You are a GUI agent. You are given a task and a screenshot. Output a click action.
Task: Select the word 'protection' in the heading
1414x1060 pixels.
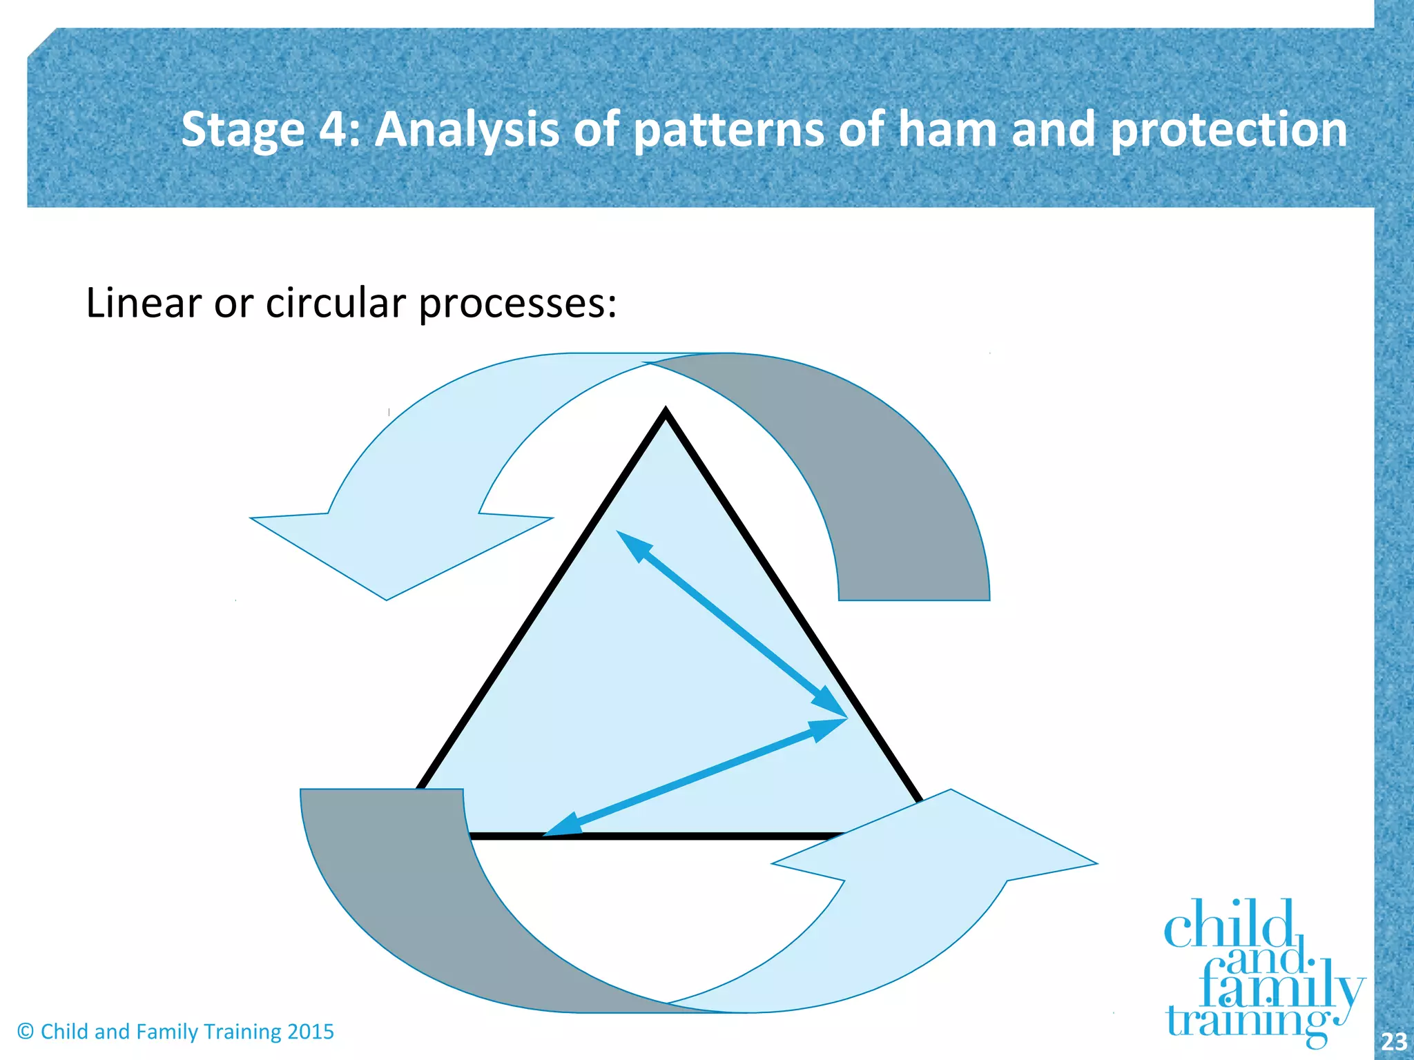(1228, 131)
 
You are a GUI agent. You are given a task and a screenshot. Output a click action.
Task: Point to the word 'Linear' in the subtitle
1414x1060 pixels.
(144, 303)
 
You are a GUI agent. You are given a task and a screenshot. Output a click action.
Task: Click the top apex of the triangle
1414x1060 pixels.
(666, 413)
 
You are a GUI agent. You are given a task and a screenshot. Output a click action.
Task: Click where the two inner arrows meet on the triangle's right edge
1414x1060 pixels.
(844, 718)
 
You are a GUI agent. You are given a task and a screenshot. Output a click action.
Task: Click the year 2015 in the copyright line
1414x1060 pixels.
(310, 1032)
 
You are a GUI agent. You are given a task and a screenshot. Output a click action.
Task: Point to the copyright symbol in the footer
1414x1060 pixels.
(26, 1032)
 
